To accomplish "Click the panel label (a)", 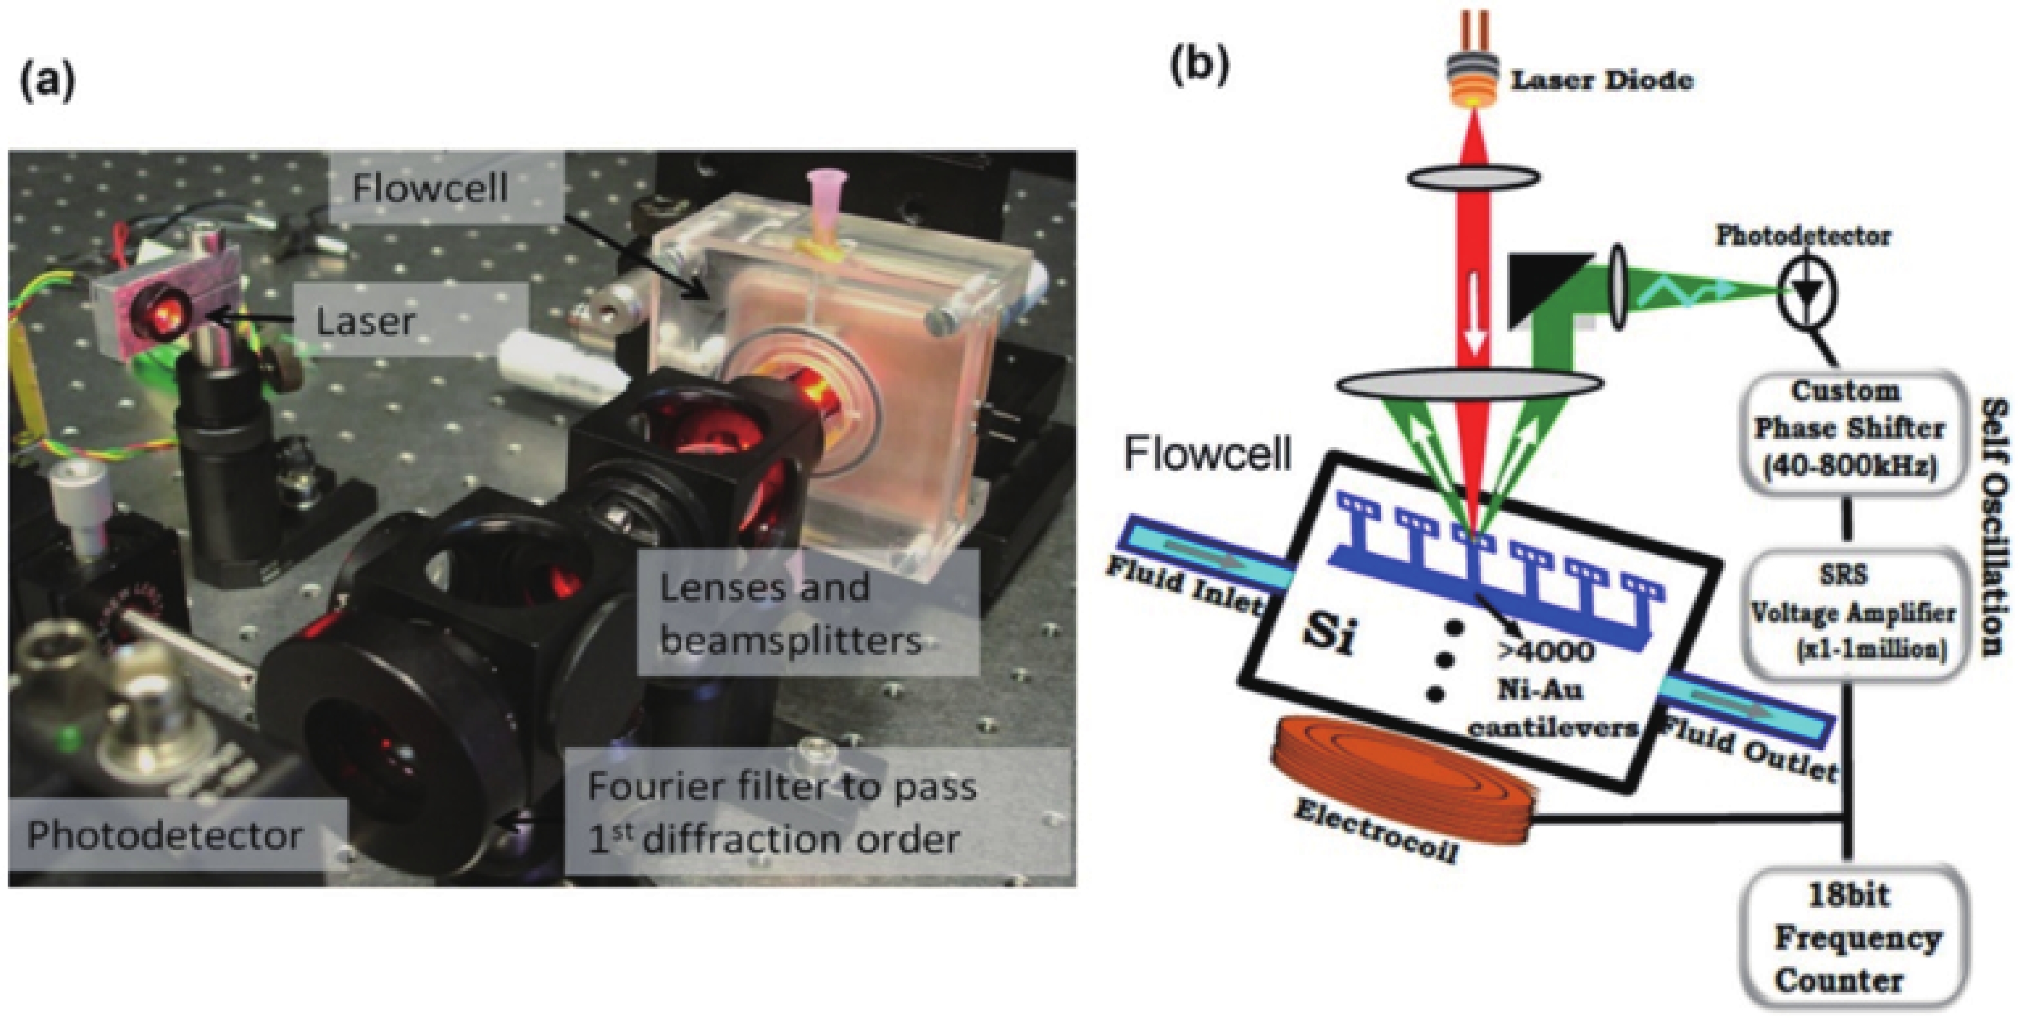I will coord(47,82).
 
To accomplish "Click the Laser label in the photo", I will coord(365,321).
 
